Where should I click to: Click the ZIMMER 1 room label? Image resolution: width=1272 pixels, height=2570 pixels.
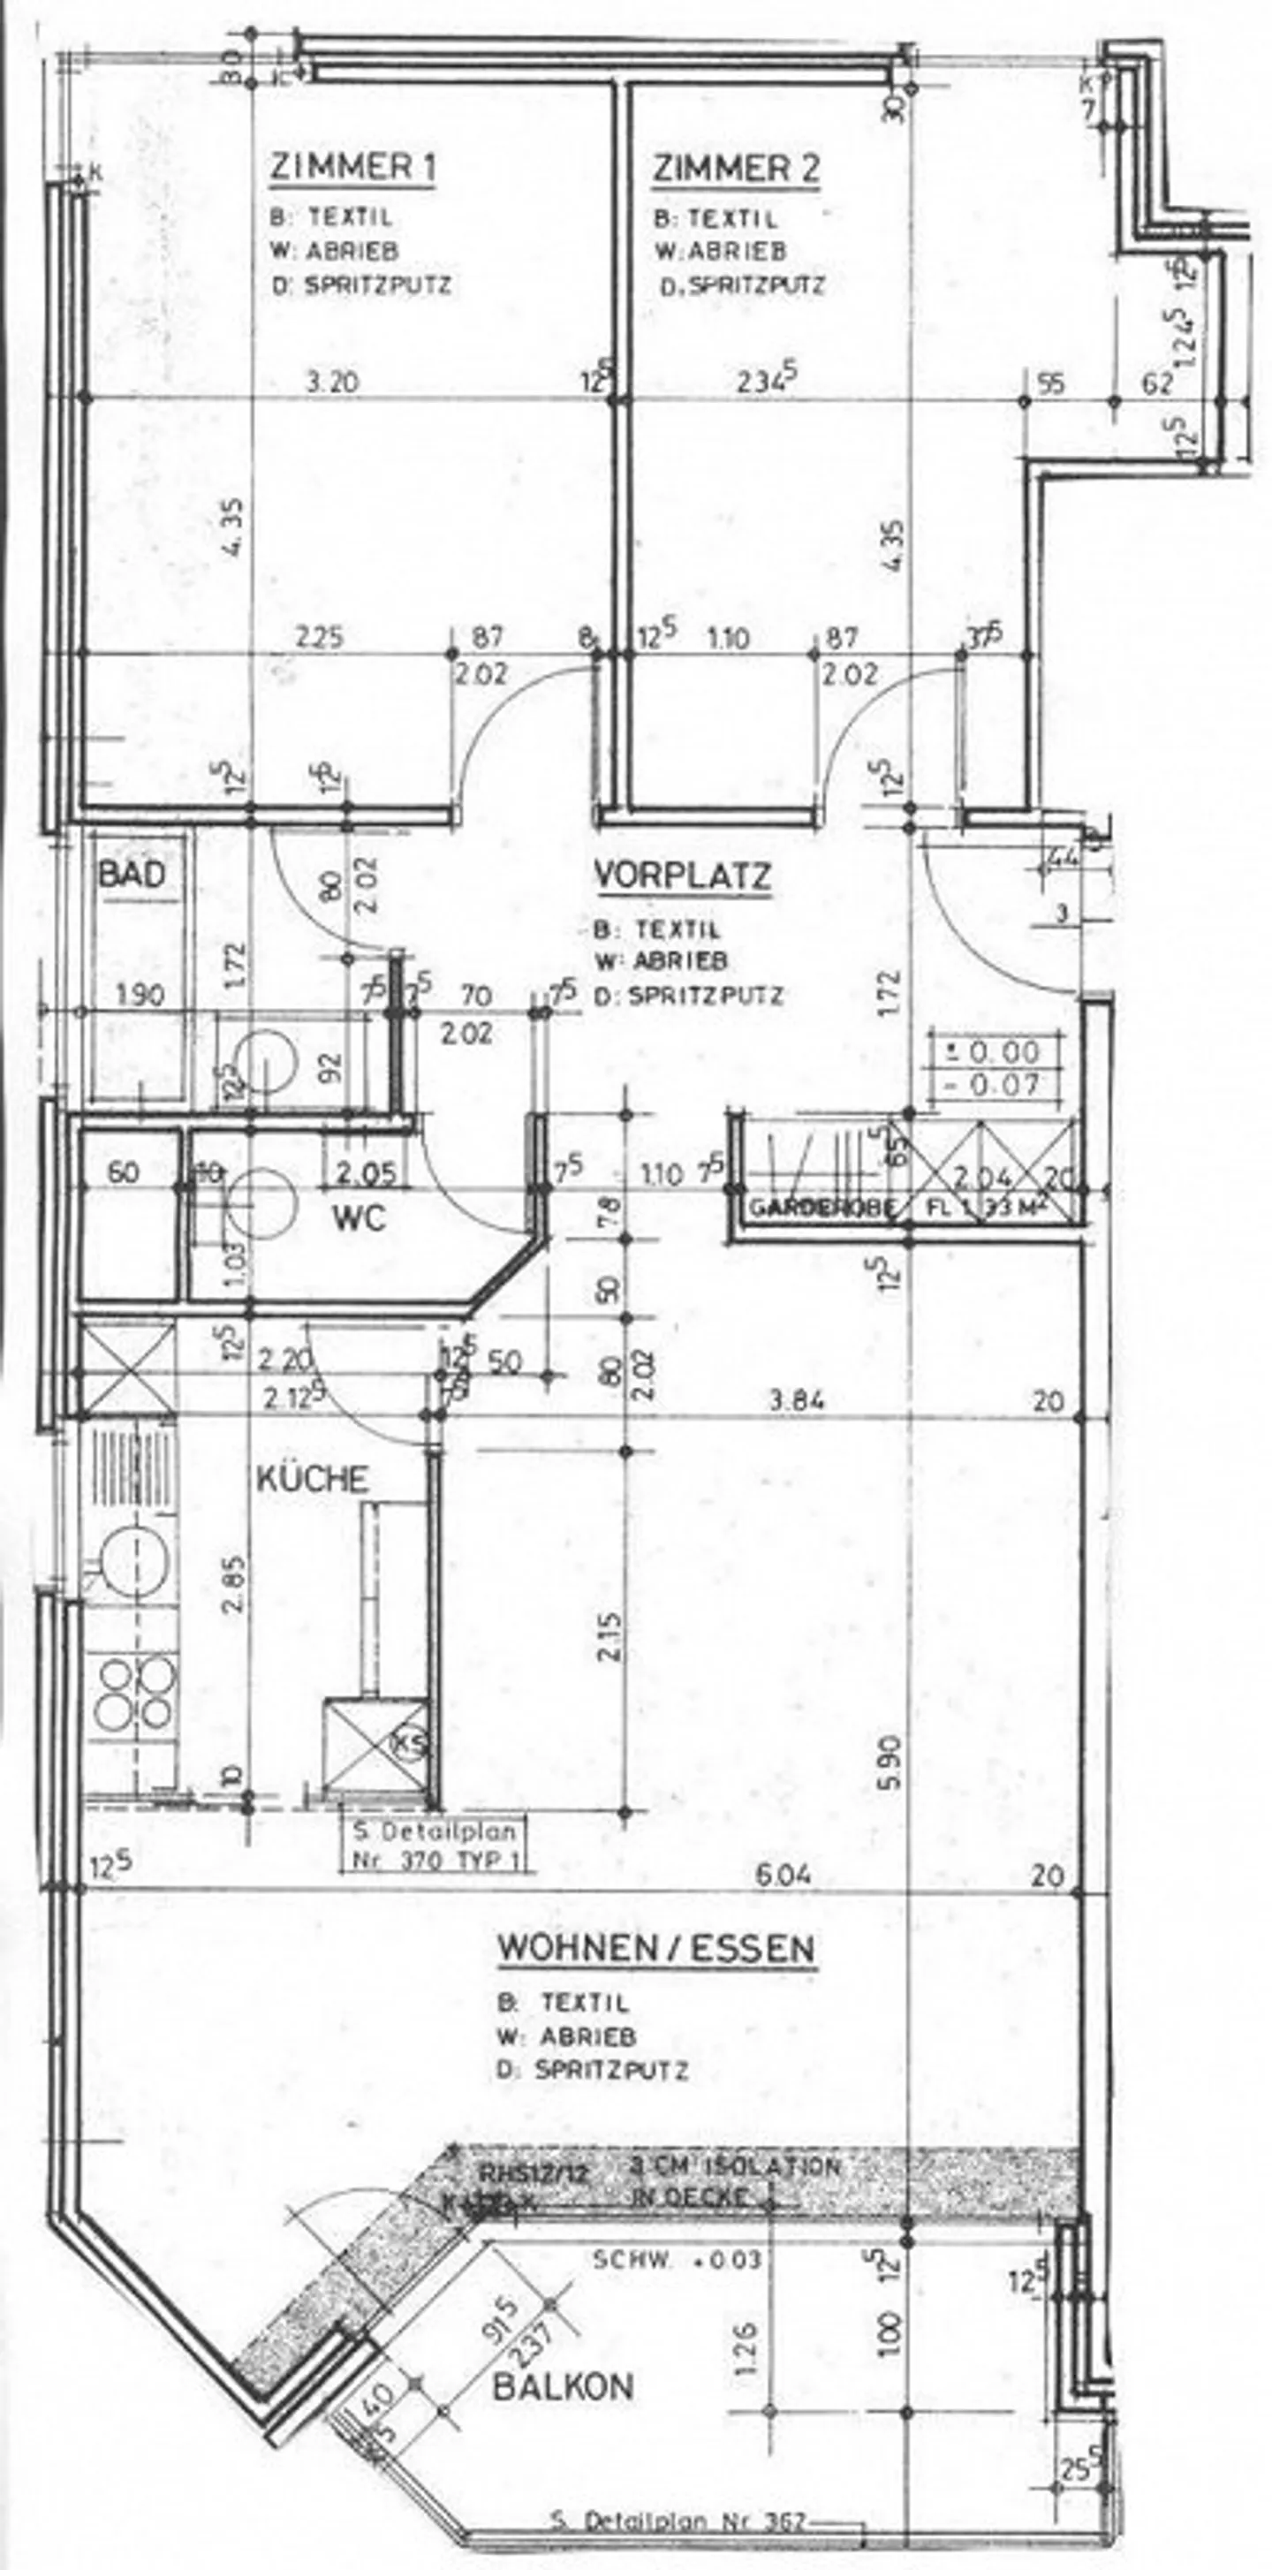352,169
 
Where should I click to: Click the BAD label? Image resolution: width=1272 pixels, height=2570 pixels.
131,875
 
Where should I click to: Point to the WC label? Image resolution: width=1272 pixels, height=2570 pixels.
360,1218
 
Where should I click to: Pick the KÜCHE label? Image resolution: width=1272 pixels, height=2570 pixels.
314,1479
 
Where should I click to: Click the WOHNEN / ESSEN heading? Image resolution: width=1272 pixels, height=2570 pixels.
656,1948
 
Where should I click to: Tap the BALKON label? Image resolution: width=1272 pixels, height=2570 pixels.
564,2387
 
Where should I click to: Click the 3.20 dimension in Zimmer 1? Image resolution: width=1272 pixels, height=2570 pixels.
332,383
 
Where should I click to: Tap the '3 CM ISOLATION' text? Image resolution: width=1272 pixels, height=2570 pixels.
735,2167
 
